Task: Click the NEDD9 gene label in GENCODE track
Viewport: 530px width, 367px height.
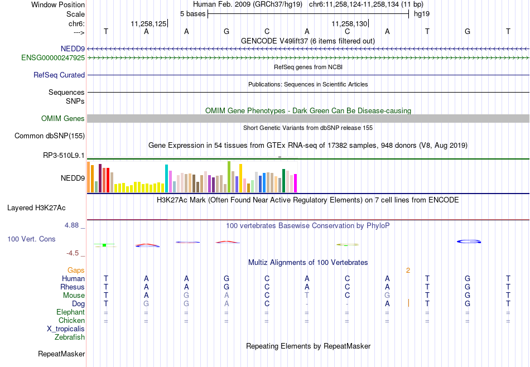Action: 73,49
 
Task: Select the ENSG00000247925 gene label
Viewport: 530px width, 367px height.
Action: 53,58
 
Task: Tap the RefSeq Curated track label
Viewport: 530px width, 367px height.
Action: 59,75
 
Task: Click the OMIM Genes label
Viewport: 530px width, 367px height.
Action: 63,119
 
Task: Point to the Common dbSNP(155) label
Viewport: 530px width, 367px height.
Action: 50,136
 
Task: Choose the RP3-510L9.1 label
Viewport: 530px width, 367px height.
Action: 64,156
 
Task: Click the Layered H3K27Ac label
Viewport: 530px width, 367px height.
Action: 36,208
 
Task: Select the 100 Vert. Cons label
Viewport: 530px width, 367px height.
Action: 31,239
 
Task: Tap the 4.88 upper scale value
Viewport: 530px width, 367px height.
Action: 72,225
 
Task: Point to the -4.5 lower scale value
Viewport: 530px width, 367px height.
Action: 73,253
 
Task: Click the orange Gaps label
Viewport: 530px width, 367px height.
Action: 76,271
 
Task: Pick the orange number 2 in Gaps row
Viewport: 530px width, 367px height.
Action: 408,271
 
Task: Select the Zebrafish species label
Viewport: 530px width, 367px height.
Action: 70,337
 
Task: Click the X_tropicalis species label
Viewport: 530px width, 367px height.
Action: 66,329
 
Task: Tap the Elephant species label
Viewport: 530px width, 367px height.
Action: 71,312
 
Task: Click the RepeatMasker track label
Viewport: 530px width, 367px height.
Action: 61,354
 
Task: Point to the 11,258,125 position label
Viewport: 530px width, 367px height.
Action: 149,23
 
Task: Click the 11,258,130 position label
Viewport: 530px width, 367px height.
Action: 349,23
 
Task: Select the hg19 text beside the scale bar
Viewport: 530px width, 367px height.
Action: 422,14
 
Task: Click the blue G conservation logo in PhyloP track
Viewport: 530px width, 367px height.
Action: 469,242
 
